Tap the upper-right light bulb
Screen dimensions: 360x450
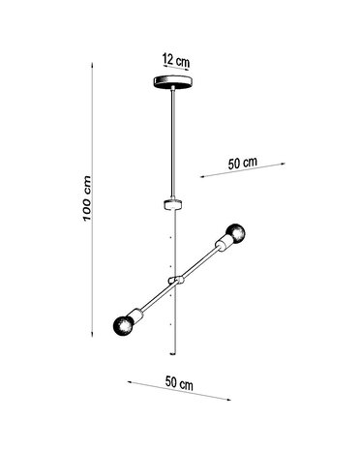(233, 233)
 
